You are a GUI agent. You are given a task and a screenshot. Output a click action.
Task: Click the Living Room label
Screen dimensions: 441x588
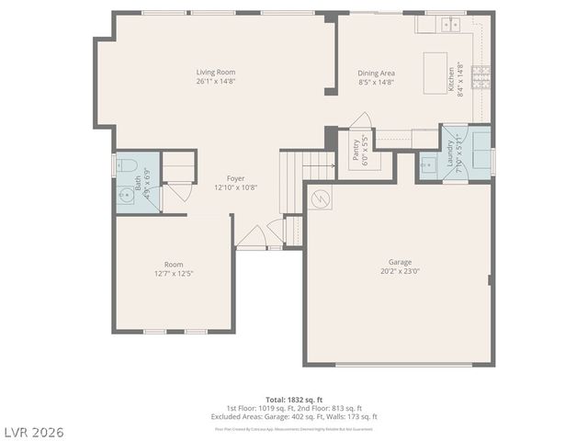216,72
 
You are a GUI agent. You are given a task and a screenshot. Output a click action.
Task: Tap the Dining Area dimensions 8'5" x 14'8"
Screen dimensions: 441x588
376,82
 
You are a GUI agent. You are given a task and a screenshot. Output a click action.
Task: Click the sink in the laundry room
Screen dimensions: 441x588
426,167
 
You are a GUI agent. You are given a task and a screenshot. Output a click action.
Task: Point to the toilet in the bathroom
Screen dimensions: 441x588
125,166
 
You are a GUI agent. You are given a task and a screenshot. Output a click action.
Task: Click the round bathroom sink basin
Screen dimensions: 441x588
124,195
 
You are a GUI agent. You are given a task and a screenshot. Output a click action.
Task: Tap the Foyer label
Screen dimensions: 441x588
236,178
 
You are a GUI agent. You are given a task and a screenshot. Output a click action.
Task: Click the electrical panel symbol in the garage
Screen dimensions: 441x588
319,198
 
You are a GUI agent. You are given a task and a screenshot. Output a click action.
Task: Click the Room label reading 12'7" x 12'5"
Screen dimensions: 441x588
174,273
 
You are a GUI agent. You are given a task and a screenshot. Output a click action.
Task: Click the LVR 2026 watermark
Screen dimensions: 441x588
33,430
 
